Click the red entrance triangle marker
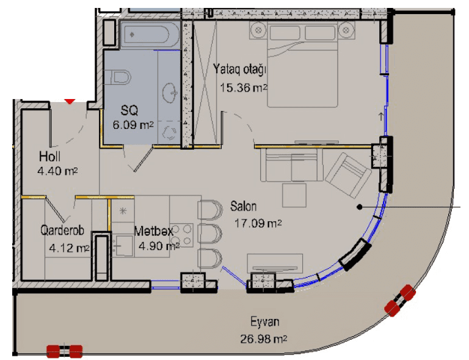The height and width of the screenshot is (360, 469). (x=70, y=101)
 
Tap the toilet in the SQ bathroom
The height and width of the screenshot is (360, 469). (x=120, y=77)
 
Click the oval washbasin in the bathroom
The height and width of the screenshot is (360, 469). (x=170, y=92)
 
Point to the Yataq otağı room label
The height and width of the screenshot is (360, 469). (x=239, y=70)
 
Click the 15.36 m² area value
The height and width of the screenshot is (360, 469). (x=244, y=88)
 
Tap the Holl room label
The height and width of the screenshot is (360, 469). (x=49, y=156)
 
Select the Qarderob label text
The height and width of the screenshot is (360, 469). (x=62, y=230)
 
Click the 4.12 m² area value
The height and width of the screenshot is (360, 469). (x=69, y=248)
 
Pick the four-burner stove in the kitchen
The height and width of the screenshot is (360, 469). (x=181, y=235)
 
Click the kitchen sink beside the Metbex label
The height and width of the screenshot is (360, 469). (x=123, y=246)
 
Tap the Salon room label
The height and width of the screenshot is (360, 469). (x=243, y=206)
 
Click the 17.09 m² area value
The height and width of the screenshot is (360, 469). (x=258, y=223)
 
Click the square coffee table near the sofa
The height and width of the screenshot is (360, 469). (x=294, y=195)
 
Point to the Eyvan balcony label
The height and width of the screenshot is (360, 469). (x=264, y=321)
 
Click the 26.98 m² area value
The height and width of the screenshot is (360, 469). (x=264, y=339)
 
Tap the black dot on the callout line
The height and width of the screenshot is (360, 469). (x=360, y=207)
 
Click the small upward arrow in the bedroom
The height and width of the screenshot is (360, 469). (x=381, y=116)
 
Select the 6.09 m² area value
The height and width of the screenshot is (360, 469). (x=133, y=125)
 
